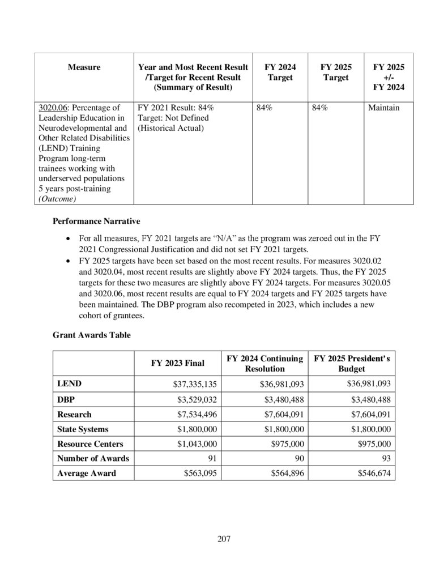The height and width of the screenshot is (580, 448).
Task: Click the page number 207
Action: tap(224, 538)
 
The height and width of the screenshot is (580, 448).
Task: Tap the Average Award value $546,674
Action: tap(371, 473)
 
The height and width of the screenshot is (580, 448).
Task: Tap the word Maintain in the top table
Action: tap(383, 107)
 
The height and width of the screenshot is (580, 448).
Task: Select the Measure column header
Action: tap(84, 67)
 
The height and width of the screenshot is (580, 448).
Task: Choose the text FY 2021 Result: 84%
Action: tap(176, 107)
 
